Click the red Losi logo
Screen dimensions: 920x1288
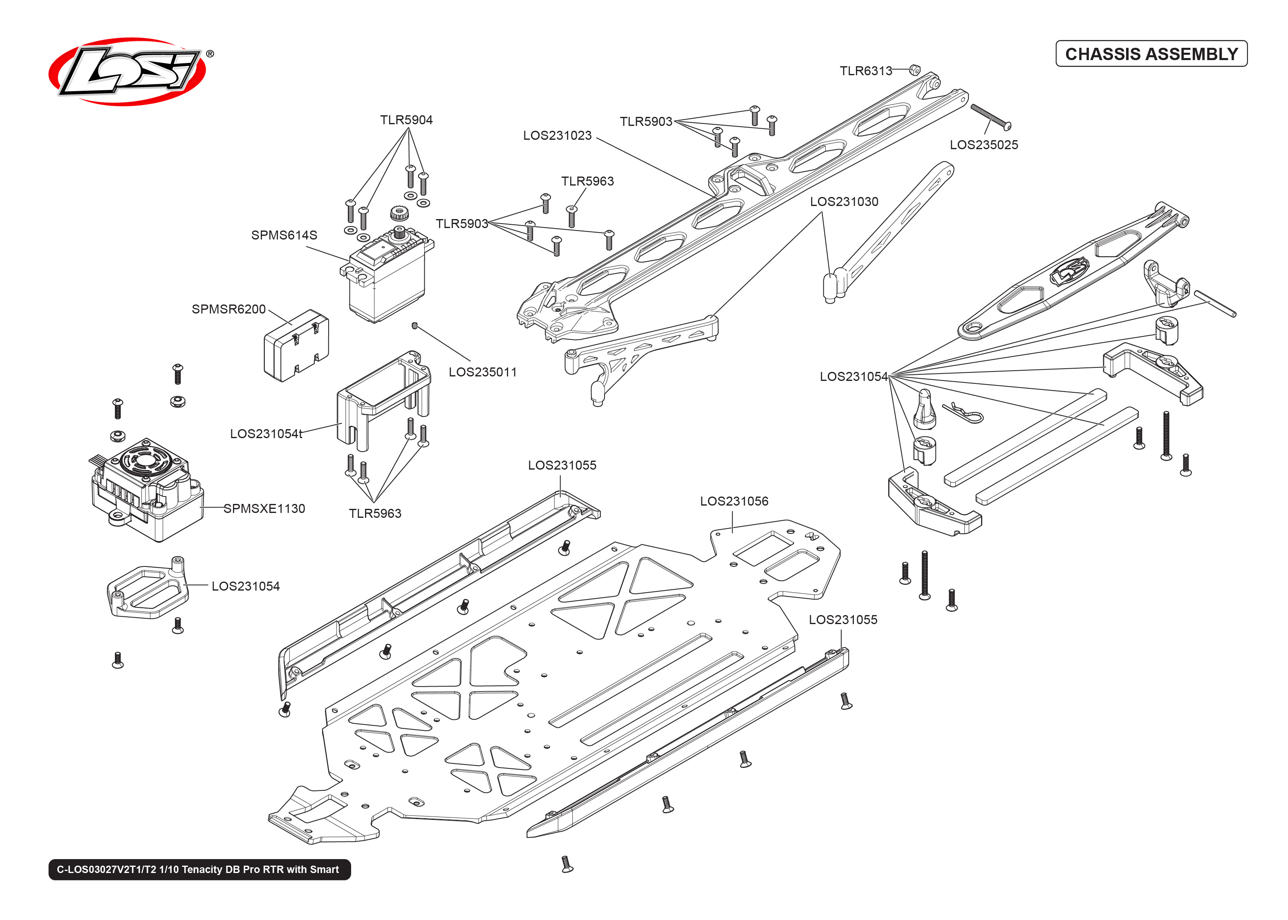tap(128, 72)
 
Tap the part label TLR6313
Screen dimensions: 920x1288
tap(865, 71)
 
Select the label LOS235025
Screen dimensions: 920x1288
tap(983, 145)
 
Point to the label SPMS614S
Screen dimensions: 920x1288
tap(284, 235)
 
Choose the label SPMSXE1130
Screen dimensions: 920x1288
tap(264, 509)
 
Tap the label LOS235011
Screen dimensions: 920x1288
tap(483, 372)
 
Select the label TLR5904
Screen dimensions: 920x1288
tap(406, 120)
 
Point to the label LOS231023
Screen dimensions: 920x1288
tap(557, 135)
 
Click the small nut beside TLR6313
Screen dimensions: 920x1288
tap(914, 70)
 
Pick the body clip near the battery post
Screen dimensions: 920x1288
tap(963, 413)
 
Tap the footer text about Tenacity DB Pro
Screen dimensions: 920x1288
tap(199, 870)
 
